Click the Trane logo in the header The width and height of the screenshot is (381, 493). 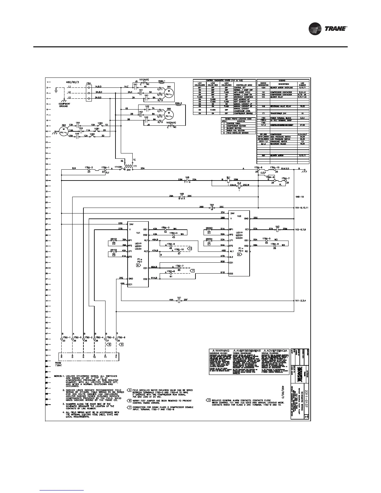point(328,29)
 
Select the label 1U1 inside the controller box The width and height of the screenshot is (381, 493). point(138,232)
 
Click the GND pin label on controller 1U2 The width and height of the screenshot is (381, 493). point(246,218)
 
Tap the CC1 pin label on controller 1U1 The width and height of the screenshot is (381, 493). point(130,284)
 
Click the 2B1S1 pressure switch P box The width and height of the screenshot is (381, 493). point(114,243)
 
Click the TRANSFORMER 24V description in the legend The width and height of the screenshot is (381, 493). point(278,113)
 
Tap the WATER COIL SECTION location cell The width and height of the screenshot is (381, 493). point(237,130)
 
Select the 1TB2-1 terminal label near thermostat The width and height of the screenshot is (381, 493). point(63,337)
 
